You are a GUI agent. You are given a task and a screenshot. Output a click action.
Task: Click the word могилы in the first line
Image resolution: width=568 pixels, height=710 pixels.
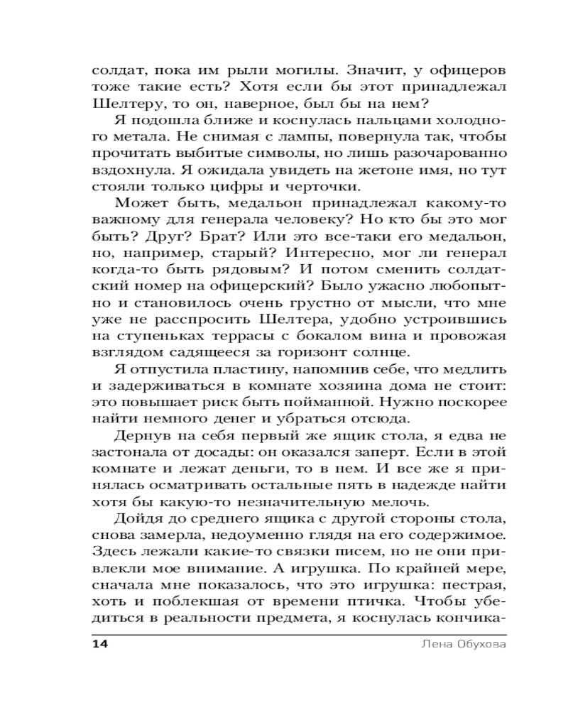[285, 71]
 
